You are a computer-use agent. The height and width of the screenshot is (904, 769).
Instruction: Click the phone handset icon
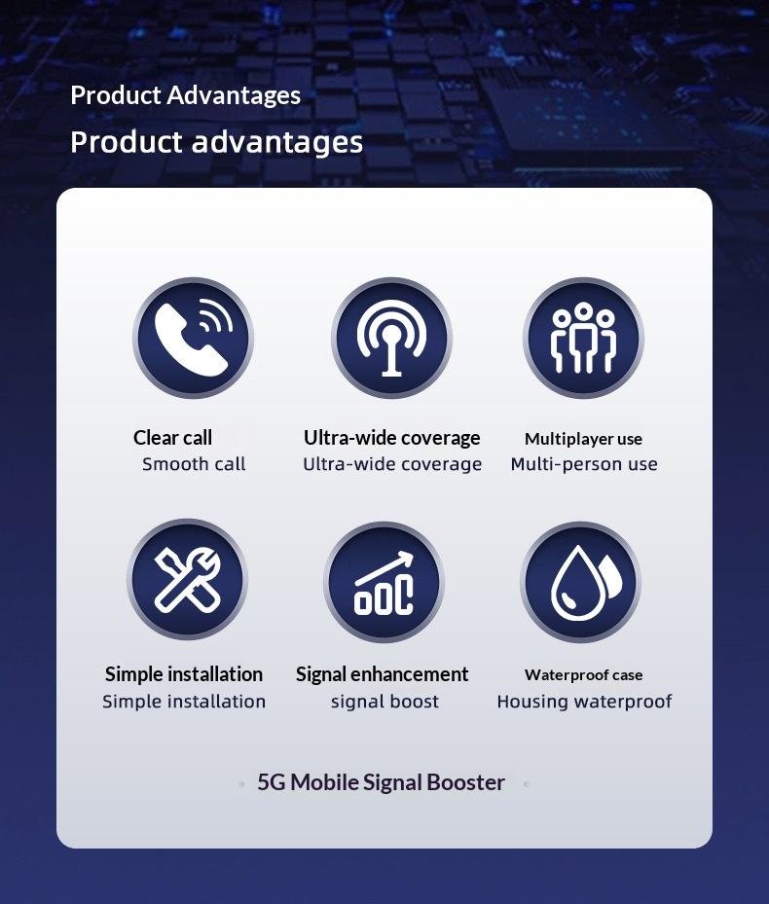[194, 338]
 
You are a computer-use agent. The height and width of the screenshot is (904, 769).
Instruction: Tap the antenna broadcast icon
[391, 338]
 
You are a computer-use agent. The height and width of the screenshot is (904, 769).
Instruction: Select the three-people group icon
[583, 338]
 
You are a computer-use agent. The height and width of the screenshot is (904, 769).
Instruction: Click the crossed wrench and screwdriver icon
[188, 579]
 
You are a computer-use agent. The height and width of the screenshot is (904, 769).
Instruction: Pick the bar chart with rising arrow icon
[384, 582]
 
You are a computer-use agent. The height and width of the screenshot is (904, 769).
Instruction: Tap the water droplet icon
[580, 582]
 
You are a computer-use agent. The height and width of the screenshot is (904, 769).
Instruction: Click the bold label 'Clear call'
[172, 438]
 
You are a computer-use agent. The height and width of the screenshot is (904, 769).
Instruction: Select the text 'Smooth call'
[194, 464]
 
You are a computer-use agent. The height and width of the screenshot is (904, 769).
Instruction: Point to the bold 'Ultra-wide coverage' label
[391, 438]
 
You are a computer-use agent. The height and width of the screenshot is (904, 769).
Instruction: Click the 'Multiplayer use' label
[583, 439]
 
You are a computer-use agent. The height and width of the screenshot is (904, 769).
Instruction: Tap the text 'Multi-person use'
[584, 464]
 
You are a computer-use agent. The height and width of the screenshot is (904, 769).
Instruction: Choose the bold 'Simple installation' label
[183, 674]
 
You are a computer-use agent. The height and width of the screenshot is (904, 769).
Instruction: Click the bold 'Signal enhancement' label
[382, 674]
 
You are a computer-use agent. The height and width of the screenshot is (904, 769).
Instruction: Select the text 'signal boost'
[384, 702]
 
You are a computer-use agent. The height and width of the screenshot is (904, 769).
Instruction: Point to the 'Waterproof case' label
[583, 675]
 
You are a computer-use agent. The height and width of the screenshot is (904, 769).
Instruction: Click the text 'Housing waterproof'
[584, 702]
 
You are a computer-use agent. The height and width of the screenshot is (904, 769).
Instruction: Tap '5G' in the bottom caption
[271, 783]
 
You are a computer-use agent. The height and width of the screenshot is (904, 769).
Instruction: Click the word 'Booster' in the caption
[466, 783]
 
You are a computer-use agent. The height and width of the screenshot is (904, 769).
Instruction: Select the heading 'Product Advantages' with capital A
[185, 95]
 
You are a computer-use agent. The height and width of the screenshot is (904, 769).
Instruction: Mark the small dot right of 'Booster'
[526, 784]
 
